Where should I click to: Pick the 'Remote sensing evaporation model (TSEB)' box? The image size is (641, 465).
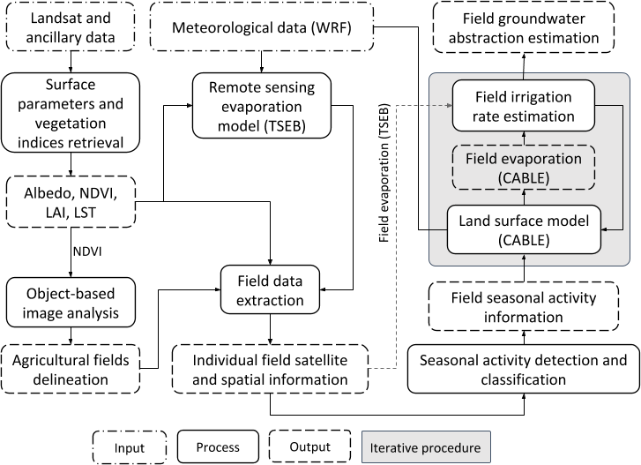pos(260,105)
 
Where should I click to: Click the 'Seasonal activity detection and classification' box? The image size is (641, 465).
pos(523,371)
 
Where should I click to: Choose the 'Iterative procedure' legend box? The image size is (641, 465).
pos(426,446)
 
